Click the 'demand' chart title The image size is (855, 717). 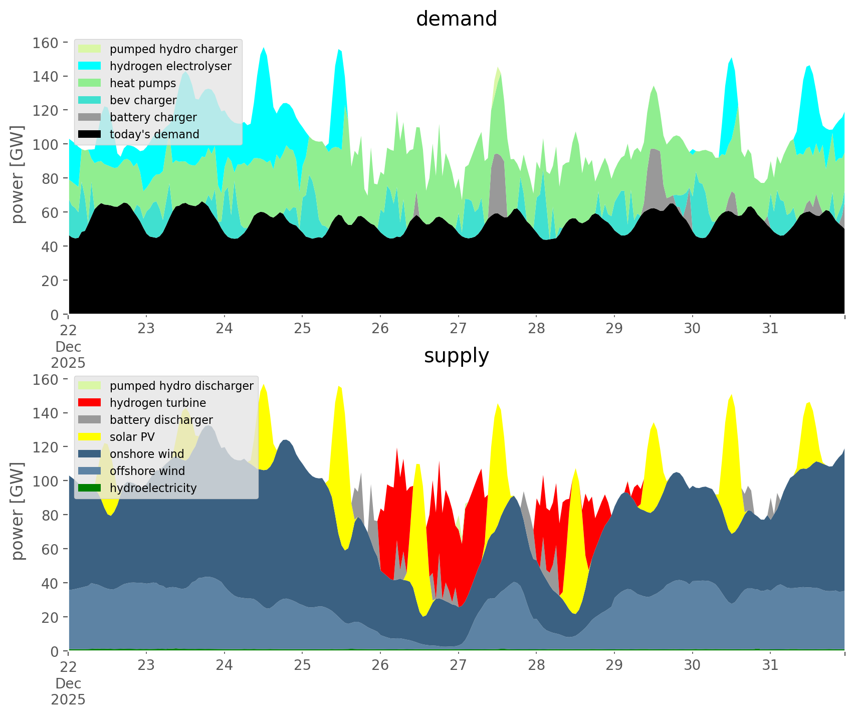pos(456,19)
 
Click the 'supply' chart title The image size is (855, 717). pos(456,356)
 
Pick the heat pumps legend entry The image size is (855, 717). pos(143,83)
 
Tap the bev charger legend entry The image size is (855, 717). pos(143,100)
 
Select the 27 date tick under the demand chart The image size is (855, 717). pos(458,329)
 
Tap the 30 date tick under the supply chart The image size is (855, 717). pos(692,665)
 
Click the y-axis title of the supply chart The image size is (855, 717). pos(18,511)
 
